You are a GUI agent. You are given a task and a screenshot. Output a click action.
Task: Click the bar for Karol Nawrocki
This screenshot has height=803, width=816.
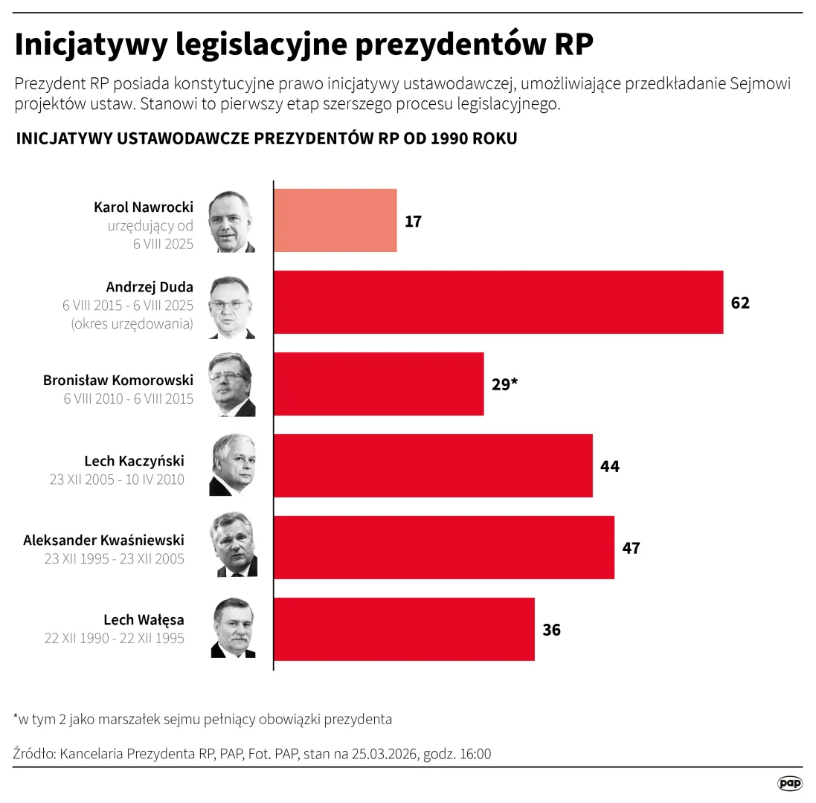tap(335, 221)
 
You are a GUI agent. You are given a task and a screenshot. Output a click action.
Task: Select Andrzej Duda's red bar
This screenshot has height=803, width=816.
tap(498, 303)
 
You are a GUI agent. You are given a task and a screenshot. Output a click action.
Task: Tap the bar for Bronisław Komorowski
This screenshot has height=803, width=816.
tap(379, 384)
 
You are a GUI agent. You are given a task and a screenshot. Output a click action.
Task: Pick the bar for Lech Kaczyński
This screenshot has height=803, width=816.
tap(434, 466)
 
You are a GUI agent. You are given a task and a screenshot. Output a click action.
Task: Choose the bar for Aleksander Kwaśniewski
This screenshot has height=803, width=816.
tap(444, 548)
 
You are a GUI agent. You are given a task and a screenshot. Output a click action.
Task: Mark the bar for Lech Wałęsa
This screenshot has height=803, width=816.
tap(405, 630)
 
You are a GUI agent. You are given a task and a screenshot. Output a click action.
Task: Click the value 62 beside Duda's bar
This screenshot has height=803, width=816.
tap(740, 303)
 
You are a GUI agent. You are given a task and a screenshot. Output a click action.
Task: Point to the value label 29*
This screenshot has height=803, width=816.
tap(504, 385)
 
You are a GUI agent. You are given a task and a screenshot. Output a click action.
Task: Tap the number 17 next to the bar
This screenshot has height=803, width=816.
tap(414, 222)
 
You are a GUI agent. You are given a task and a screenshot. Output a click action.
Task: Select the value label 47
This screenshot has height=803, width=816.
tap(631, 549)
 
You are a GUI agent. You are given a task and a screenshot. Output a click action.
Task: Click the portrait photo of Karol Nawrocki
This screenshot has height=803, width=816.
tap(231, 222)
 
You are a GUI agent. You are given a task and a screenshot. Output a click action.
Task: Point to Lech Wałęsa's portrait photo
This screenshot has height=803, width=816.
tap(233, 629)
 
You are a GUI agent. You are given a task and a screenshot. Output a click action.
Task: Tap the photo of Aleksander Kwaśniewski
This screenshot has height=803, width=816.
tap(236, 547)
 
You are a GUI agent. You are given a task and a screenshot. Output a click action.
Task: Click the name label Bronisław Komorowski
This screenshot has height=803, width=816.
tap(118, 380)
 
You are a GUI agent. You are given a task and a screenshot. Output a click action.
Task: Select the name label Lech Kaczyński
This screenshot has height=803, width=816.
tap(135, 462)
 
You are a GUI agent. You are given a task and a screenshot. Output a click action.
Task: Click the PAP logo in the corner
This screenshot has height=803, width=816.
tap(790, 783)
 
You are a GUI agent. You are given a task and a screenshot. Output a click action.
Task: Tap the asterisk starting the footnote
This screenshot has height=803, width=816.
tap(16, 717)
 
